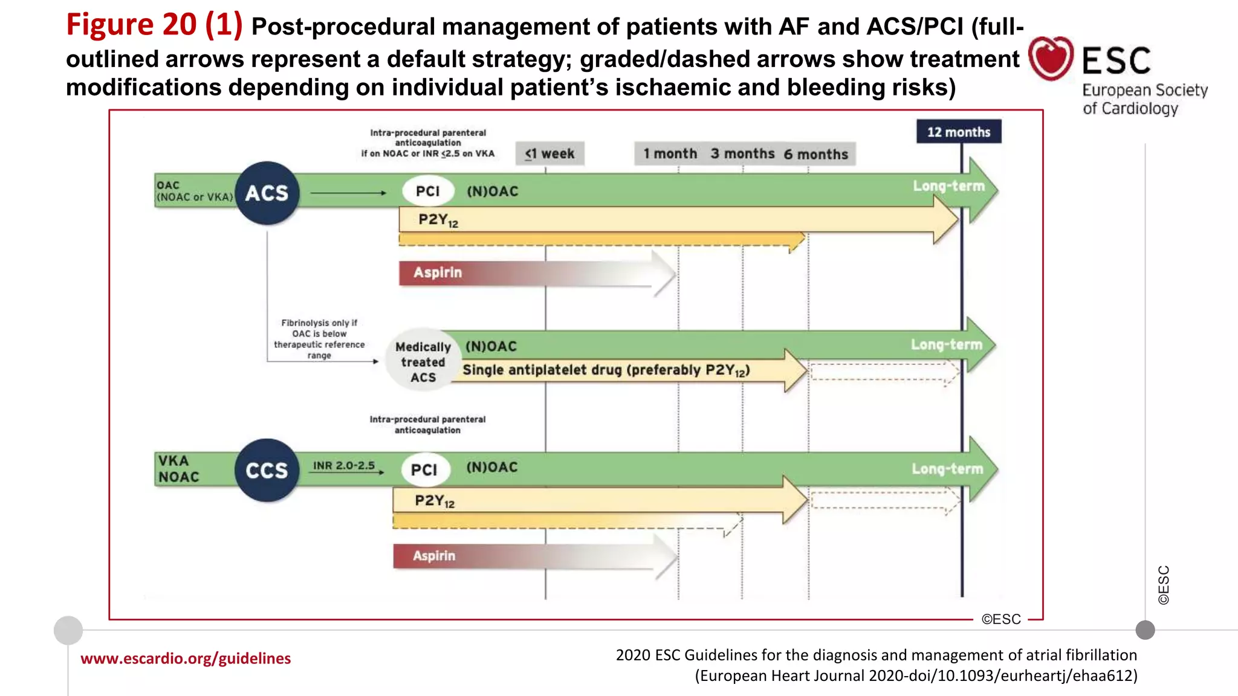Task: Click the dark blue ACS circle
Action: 267,193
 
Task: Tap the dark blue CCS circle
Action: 267,470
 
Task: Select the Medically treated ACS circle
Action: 423,361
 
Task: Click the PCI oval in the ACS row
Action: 428,191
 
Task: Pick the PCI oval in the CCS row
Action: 424,469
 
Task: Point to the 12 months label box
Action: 959,132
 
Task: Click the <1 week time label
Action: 550,153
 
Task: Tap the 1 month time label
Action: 670,153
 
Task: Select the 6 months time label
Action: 816,154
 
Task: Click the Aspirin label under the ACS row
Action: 438,272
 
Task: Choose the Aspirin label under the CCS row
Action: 434,556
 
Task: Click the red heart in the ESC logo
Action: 1051,58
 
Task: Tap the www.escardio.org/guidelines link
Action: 186,658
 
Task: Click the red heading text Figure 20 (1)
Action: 154,25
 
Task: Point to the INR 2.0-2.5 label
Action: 344,466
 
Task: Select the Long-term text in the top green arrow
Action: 948,186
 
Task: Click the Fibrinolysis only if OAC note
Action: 319,339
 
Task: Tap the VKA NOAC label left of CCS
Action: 178,469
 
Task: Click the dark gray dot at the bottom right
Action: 1145,630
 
